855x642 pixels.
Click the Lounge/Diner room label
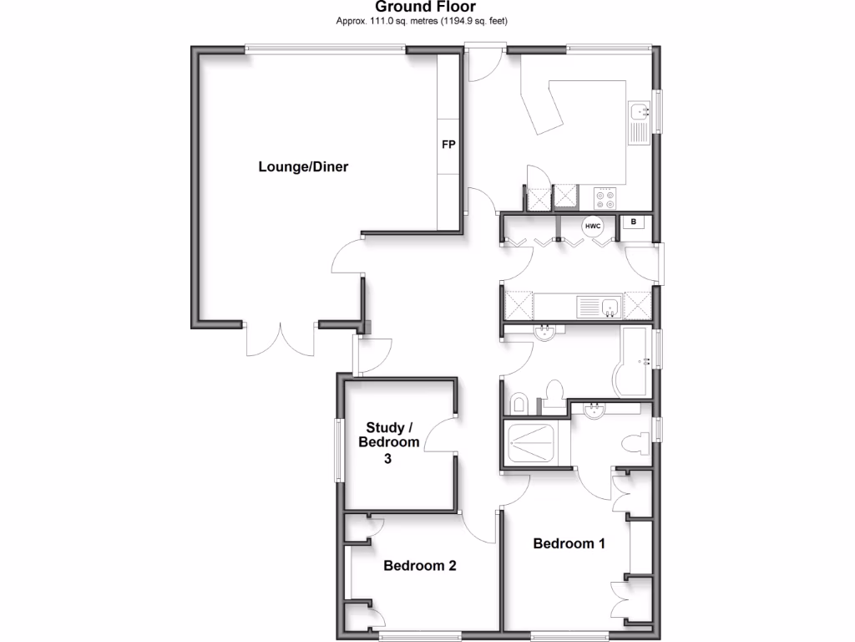pos(303,166)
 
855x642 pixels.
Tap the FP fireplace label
pos(448,145)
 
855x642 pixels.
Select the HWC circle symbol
pos(593,226)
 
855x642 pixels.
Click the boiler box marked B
pos(635,222)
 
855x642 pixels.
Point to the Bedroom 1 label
pos(569,543)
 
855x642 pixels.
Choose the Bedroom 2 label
pos(420,566)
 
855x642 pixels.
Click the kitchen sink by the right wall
pos(640,122)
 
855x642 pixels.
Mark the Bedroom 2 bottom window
pos(424,633)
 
